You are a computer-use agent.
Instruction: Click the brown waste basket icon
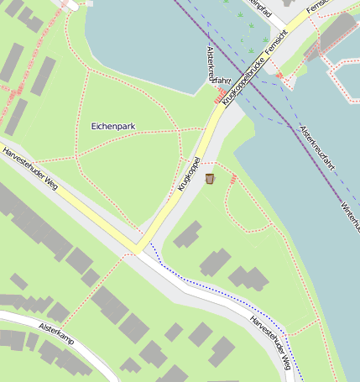coord(209,178)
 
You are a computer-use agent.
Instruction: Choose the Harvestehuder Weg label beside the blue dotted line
coord(269,342)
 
